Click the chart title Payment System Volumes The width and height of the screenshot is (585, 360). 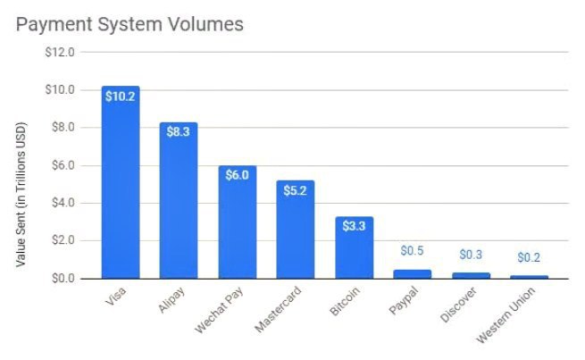[130, 24]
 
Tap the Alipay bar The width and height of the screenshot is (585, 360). [179, 201]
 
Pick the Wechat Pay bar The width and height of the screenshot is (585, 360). [237, 222]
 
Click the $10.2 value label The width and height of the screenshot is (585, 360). [120, 96]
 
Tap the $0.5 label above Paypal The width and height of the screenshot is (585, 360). [412, 252]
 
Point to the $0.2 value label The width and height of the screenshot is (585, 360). [530, 257]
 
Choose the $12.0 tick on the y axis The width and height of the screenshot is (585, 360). [59, 52]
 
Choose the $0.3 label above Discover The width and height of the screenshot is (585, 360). [471, 255]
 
